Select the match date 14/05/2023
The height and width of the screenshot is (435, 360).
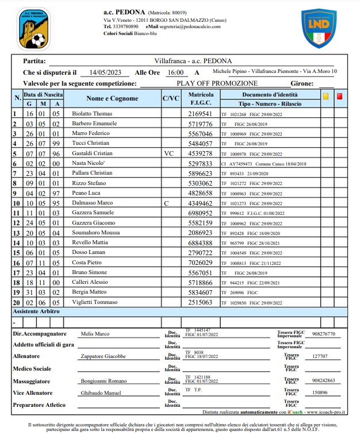(102, 72)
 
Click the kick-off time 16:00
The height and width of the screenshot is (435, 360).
(175, 72)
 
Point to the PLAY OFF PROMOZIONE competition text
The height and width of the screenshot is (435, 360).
(217, 83)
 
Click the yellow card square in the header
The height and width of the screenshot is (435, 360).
(325, 97)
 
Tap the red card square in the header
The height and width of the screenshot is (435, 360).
(339, 97)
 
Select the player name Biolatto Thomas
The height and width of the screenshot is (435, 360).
(92, 114)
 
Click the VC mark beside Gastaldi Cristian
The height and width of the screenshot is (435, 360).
(168, 153)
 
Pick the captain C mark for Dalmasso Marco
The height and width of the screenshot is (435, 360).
(166, 203)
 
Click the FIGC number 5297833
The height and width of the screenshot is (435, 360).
(201, 163)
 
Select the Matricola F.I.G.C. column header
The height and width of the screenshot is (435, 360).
(201, 98)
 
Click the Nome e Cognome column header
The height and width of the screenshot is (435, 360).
(112, 98)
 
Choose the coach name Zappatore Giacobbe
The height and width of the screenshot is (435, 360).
(102, 356)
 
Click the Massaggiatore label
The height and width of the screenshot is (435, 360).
(35, 381)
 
